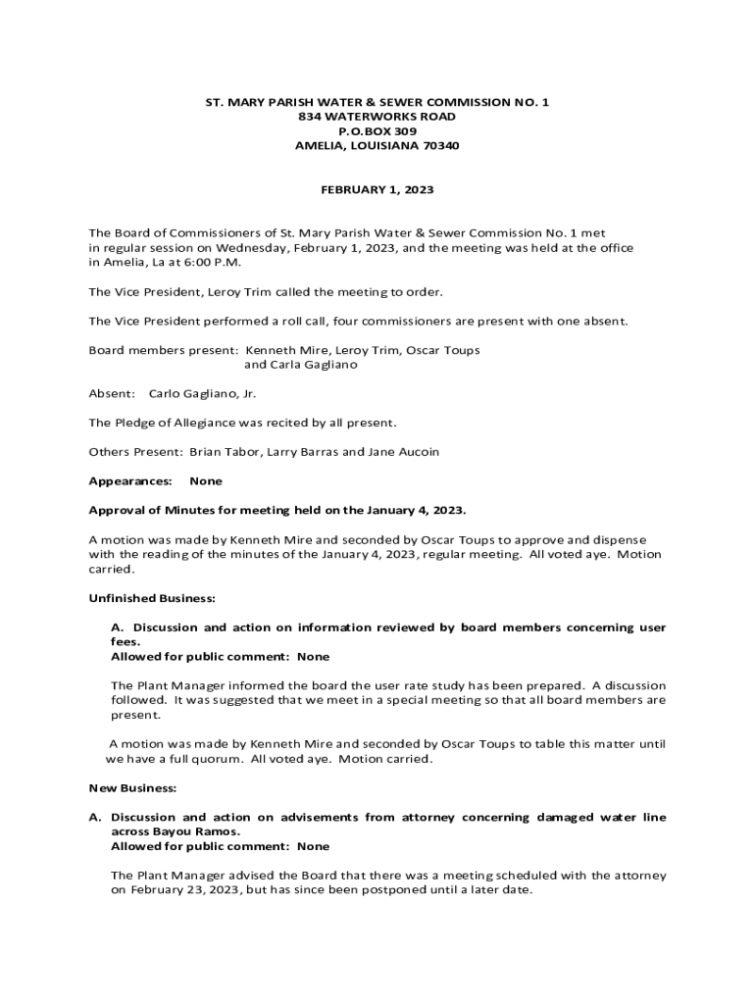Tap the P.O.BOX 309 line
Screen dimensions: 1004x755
377,130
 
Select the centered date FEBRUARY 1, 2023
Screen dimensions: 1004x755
377,189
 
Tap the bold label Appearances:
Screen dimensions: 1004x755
130,480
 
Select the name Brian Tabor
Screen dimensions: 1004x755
223,452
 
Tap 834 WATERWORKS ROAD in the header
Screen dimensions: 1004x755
377,116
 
